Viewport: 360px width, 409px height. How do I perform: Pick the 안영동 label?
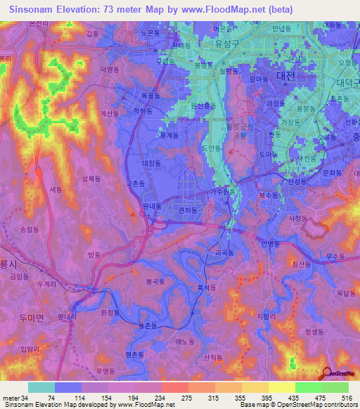tap(270, 244)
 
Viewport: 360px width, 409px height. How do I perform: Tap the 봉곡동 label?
tap(155, 280)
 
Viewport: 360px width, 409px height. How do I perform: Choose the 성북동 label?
tap(93, 179)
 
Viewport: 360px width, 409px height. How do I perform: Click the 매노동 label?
tap(184, 341)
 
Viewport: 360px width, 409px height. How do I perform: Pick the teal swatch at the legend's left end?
tap(41, 387)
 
